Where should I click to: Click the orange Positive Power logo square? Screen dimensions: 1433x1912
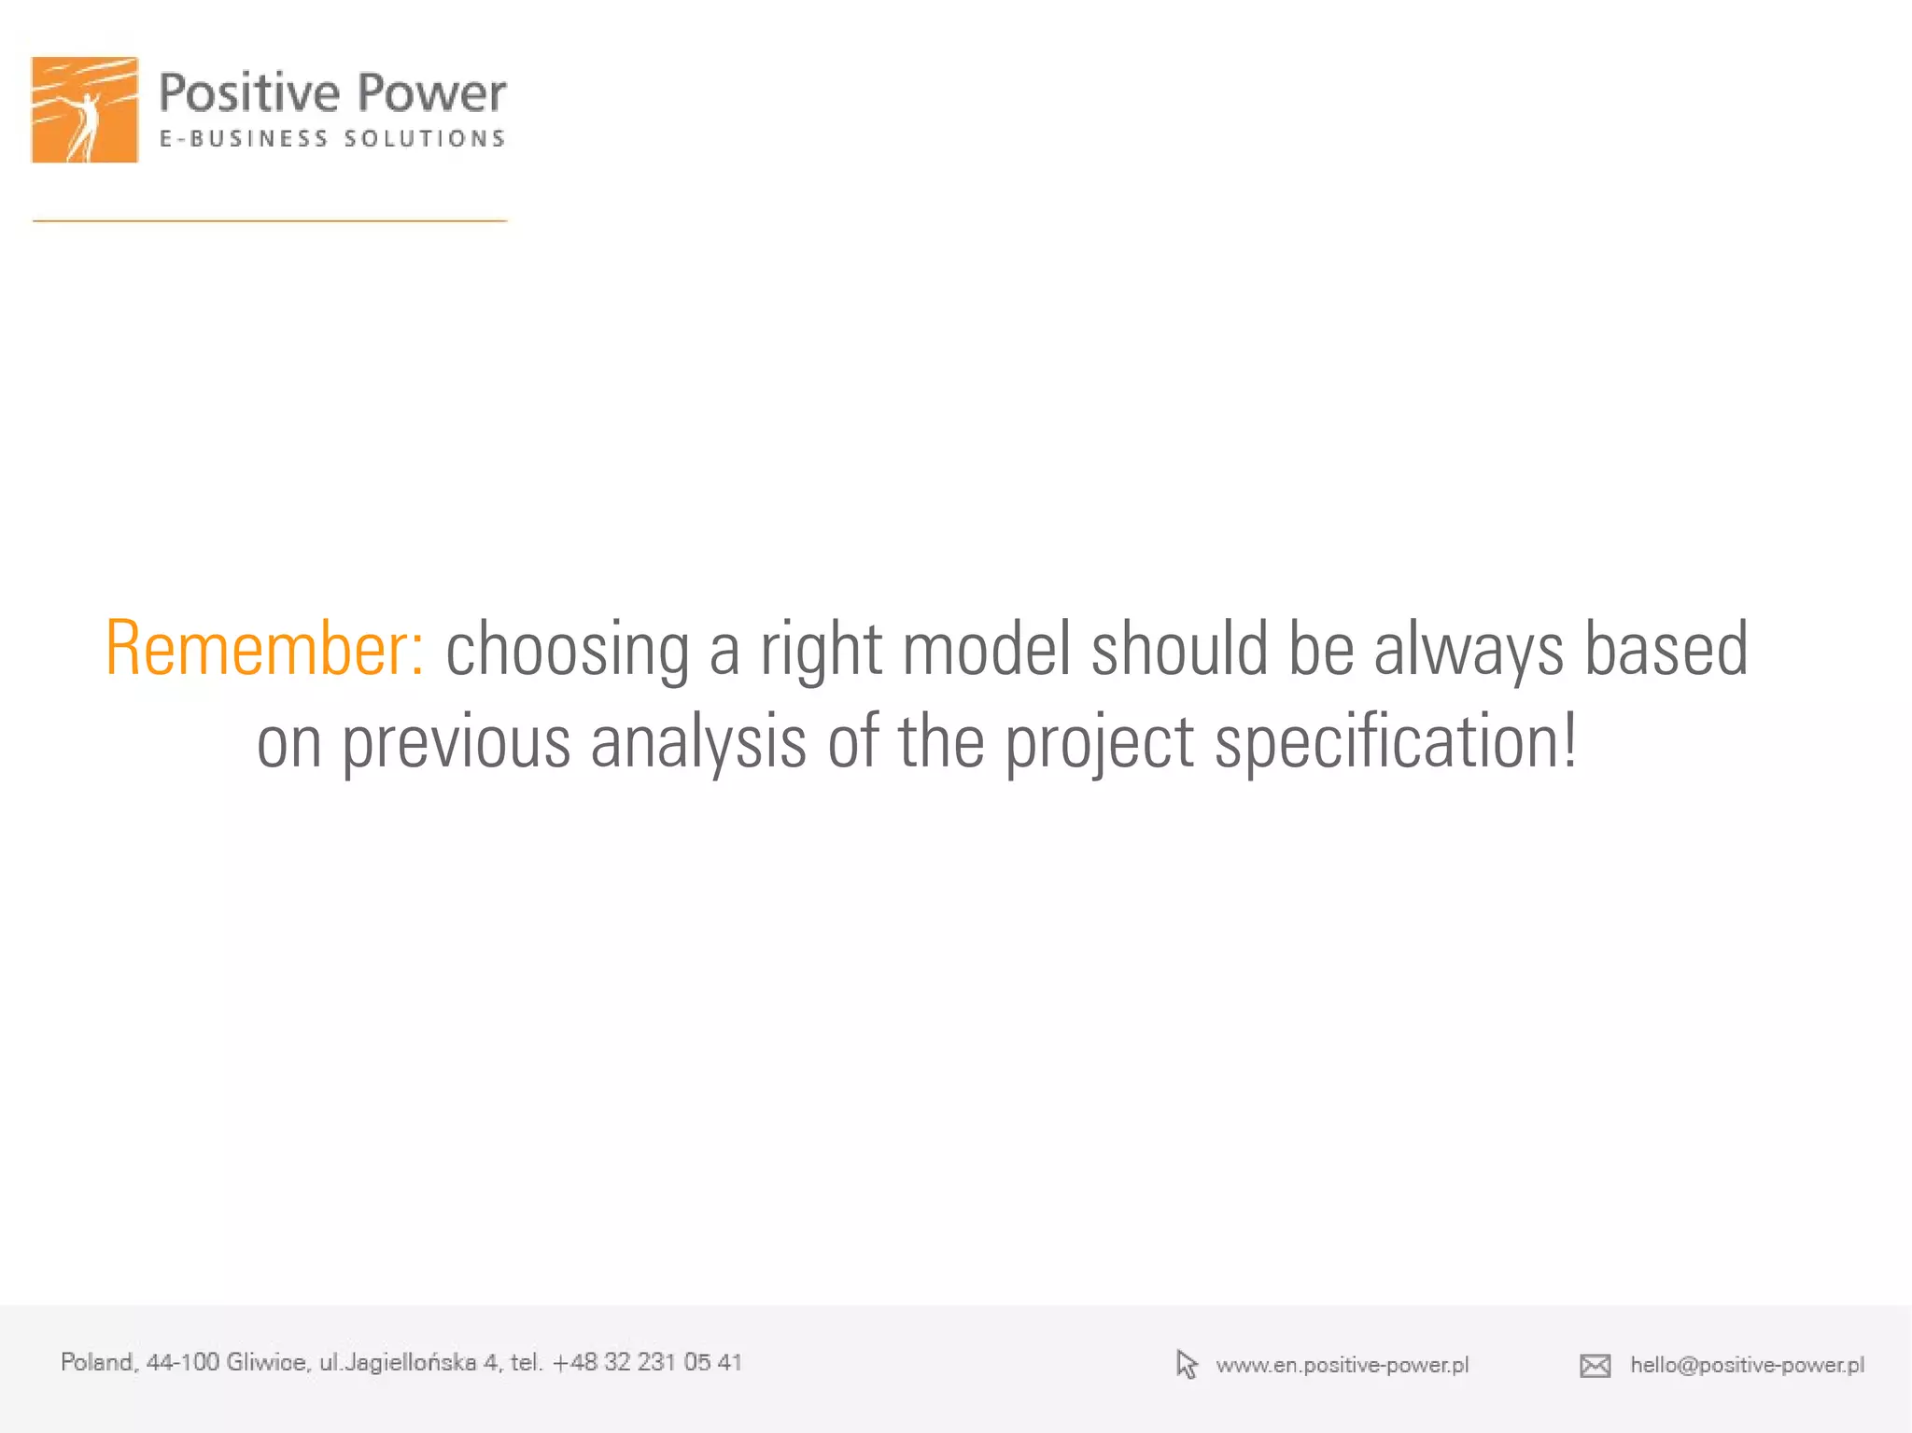point(85,109)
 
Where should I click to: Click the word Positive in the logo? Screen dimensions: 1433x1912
point(249,93)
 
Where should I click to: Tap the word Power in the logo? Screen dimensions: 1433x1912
point(431,93)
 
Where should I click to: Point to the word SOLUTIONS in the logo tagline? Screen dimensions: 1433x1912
point(425,139)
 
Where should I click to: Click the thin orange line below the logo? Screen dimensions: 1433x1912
point(270,220)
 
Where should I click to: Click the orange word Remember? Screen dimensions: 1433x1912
point(265,648)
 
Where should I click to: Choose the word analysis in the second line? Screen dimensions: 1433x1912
point(698,743)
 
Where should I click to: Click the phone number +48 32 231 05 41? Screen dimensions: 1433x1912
point(647,1362)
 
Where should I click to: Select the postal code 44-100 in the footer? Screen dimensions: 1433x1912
point(182,1362)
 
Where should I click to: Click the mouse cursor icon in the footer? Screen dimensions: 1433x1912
point(1186,1364)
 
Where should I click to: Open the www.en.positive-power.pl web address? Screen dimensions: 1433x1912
point(1342,1365)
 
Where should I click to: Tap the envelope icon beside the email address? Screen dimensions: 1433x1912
point(1595,1366)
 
